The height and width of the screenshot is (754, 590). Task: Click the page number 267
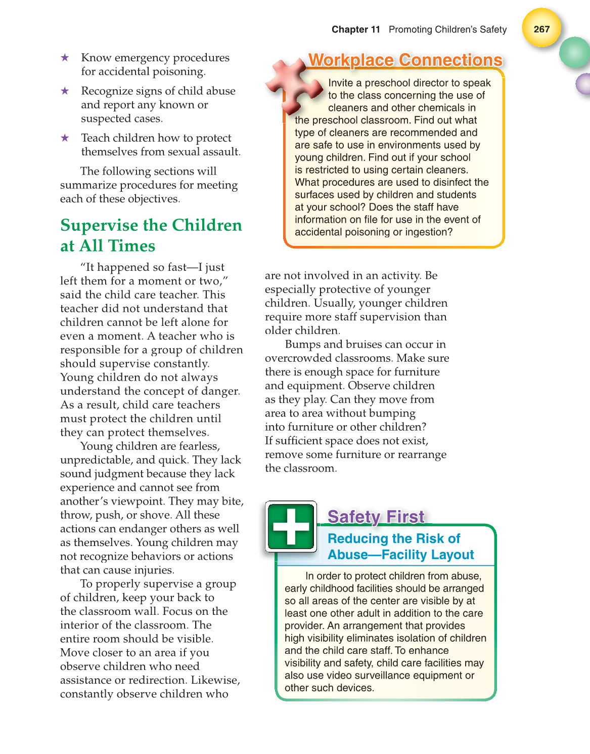pyautogui.click(x=541, y=29)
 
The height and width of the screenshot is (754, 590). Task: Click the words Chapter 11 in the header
pyautogui.click(x=355, y=29)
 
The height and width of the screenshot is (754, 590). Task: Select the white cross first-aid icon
pyautogui.click(x=291, y=526)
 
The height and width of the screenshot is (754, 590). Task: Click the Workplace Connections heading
pyautogui.click(x=405, y=60)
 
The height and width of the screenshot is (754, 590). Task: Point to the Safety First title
pyautogui.click(x=376, y=517)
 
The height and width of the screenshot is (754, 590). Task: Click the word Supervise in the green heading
pyautogui.click(x=99, y=225)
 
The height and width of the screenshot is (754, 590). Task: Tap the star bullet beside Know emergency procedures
pyautogui.click(x=65, y=58)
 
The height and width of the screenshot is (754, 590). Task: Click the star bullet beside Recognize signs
pyautogui.click(x=65, y=91)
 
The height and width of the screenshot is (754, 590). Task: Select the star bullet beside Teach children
pyautogui.click(x=65, y=138)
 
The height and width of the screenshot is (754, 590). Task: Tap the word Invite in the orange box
pyautogui.click(x=341, y=83)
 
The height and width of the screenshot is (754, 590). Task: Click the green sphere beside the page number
pyautogui.click(x=575, y=53)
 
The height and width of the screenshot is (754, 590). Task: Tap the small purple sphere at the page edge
pyautogui.click(x=583, y=83)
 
